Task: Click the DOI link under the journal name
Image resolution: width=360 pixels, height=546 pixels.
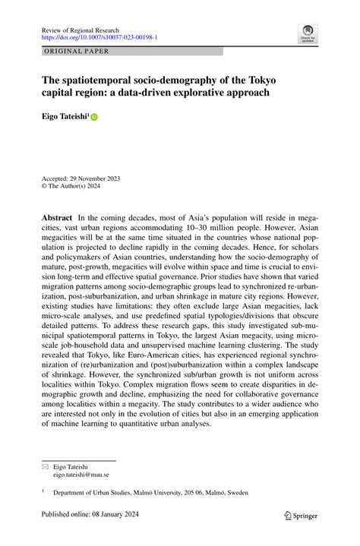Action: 99,36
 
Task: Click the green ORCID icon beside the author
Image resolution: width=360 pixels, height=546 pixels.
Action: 95,118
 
